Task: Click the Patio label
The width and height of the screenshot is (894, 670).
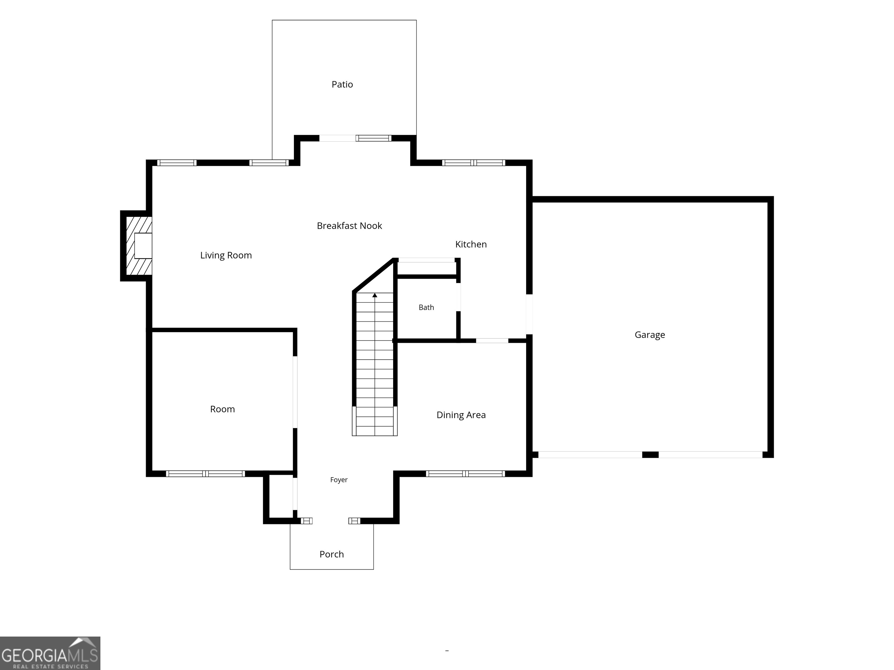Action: pyautogui.click(x=342, y=84)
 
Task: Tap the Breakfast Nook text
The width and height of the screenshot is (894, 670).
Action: pyautogui.click(x=349, y=226)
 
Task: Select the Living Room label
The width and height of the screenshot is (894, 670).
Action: pyautogui.click(x=226, y=255)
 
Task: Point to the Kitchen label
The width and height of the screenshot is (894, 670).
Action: pyautogui.click(x=471, y=244)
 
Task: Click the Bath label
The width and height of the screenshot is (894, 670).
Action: pyautogui.click(x=426, y=307)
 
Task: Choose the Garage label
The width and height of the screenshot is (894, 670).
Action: pyautogui.click(x=650, y=335)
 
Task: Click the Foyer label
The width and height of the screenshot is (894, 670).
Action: pyautogui.click(x=339, y=480)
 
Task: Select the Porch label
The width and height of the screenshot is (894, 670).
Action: pyautogui.click(x=331, y=554)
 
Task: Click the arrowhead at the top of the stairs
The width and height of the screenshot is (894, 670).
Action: pyautogui.click(x=375, y=295)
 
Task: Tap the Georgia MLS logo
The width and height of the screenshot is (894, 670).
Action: pyautogui.click(x=50, y=653)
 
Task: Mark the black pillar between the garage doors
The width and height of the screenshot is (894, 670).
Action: pyautogui.click(x=650, y=455)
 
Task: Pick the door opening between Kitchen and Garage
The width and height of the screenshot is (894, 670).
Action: pyautogui.click(x=529, y=314)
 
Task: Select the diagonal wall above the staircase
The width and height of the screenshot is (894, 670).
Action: pyautogui.click(x=373, y=275)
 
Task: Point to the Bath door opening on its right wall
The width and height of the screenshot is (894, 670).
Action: pyautogui.click(x=458, y=297)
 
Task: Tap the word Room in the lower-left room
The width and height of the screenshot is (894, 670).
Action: pyautogui.click(x=222, y=409)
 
